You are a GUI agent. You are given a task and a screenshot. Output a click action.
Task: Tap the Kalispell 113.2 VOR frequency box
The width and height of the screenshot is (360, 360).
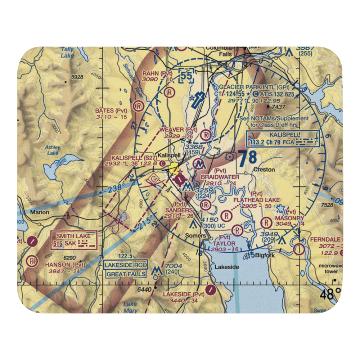[288, 139]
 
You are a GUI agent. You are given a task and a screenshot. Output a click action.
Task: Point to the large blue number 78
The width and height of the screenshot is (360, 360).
[248, 158]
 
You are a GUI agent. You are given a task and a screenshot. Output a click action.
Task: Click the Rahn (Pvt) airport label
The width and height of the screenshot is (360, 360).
[157, 73]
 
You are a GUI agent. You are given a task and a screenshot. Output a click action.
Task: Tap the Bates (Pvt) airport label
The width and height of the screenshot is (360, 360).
[111, 111]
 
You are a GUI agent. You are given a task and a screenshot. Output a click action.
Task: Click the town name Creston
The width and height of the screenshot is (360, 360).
[264, 169]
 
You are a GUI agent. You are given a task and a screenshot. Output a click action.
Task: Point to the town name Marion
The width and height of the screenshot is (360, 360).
[40, 212]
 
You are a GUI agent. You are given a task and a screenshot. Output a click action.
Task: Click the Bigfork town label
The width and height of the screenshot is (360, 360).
[265, 256]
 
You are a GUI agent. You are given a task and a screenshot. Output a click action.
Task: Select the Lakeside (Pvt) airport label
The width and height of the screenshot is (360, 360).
[183, 294]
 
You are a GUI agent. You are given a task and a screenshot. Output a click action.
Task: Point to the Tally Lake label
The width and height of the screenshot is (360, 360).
[67, 53]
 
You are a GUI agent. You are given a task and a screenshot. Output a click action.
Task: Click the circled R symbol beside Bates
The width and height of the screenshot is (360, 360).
[137, 106]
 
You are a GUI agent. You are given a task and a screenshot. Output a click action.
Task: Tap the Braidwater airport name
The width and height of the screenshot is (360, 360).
[220, 177]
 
